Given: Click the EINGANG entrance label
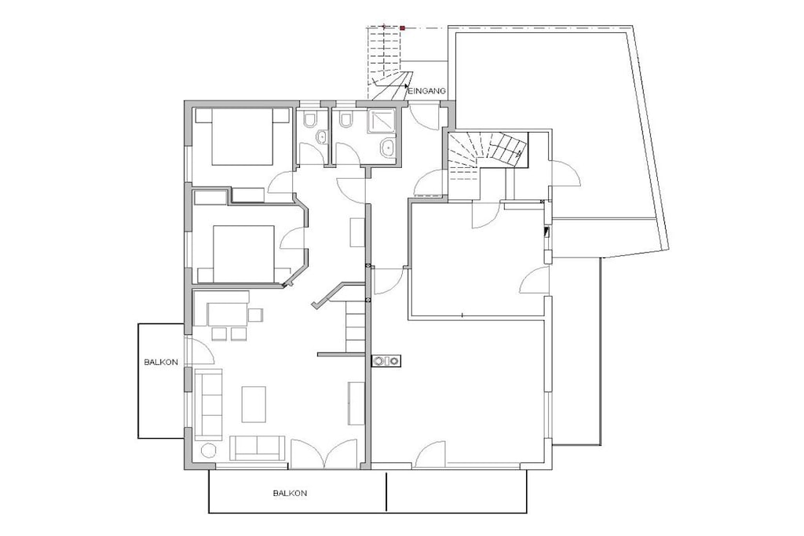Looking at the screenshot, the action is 428,91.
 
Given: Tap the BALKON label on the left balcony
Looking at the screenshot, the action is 161,363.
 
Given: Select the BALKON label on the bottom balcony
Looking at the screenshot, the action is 290,494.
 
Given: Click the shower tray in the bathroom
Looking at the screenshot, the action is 381,121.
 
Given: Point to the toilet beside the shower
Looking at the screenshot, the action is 346,119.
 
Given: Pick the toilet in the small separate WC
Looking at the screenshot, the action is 309,119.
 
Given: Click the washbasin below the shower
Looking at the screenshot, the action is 386,148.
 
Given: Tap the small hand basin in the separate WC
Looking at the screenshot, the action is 322,137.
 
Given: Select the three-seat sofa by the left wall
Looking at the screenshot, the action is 209,404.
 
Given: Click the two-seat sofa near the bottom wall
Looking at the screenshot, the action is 257,448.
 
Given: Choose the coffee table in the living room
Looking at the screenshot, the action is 254,404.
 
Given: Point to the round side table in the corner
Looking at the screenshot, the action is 208,450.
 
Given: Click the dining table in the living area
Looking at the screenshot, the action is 227,314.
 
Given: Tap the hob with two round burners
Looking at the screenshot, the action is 386,361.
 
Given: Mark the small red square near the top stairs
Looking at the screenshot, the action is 403,28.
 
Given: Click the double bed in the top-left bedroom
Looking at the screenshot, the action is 242,137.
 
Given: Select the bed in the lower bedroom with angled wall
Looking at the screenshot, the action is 243,254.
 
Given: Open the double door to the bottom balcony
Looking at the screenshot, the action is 324,454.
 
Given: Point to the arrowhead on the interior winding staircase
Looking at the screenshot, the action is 522,153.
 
